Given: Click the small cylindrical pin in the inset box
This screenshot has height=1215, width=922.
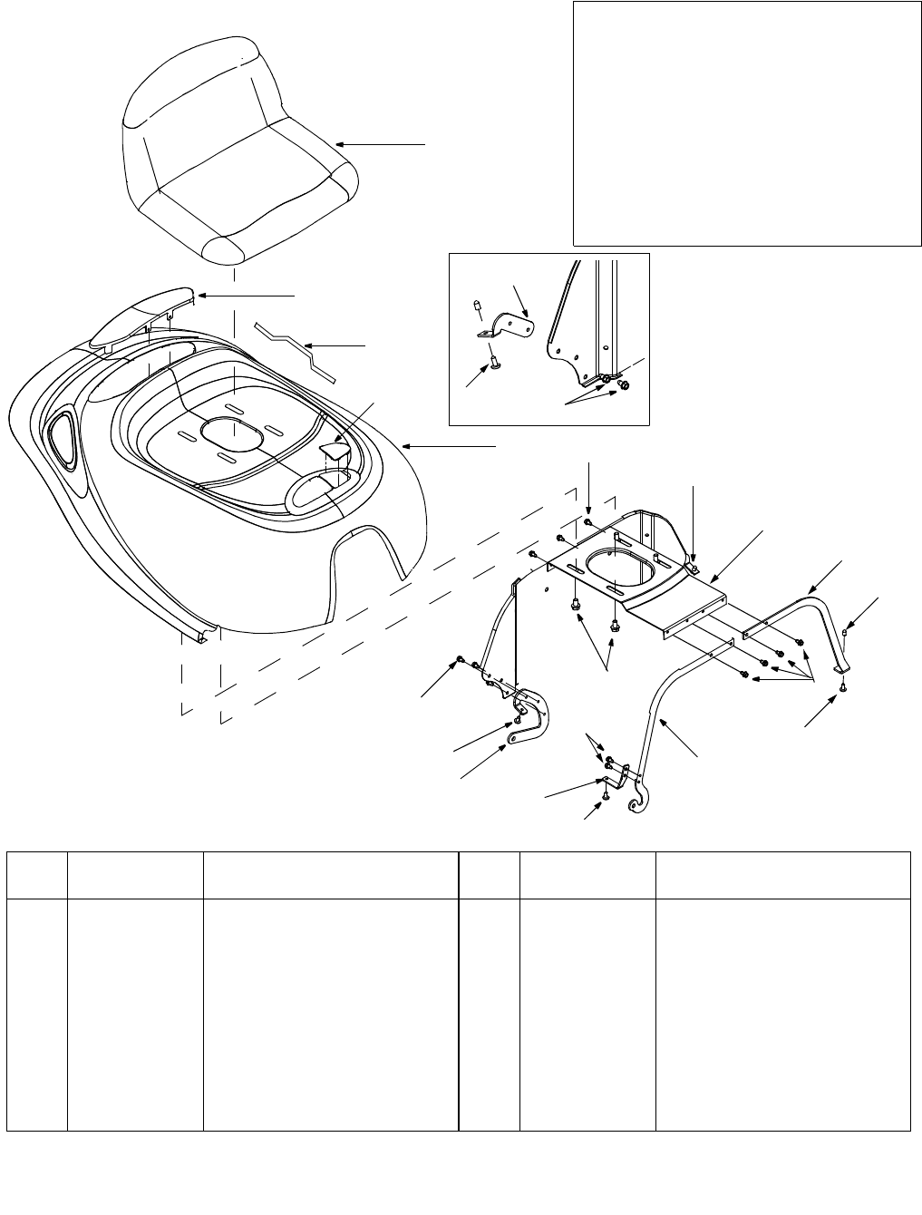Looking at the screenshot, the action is coord(474,311).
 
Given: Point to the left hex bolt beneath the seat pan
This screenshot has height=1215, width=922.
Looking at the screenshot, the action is coord(577,602).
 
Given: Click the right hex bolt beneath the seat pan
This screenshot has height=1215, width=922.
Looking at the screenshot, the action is coord(615,625).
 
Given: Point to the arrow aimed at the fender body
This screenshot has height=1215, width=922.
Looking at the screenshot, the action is coord(449,445).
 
